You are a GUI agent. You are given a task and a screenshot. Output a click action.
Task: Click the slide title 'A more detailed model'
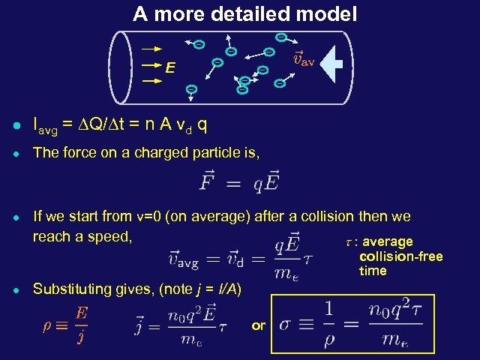[x=245, y=13]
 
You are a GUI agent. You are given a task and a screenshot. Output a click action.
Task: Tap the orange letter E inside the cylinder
[x=171, y=68]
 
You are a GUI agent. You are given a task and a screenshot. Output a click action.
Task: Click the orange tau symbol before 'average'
[x=347, y=241]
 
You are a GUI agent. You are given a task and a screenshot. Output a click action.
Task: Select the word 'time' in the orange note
[x=373, y=271]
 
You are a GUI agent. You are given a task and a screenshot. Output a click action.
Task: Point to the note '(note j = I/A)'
[x=205, y=289]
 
